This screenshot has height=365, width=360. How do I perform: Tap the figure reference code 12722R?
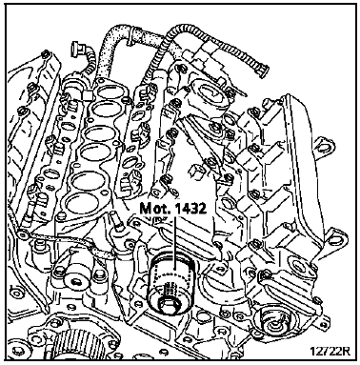point(330,352)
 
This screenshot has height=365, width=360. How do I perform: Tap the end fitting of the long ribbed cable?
point(261,70)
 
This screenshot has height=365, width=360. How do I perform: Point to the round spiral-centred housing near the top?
point(211,93)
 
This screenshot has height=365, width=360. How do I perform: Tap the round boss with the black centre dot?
point(75,280)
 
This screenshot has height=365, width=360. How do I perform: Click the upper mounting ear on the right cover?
point(325,146)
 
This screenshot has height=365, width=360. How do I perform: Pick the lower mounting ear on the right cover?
point(336,237)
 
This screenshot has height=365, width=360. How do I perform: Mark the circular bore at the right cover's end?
point(298,264)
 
